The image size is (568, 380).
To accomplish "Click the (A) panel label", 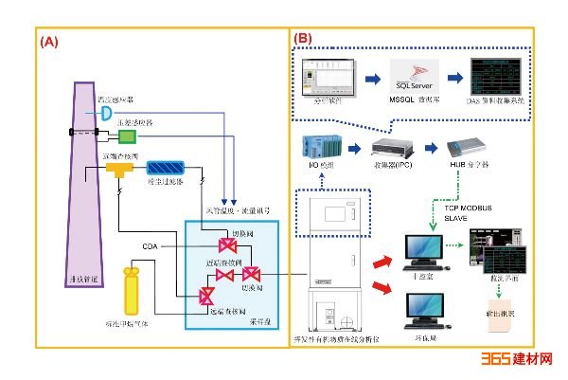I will tap(48, 42).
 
